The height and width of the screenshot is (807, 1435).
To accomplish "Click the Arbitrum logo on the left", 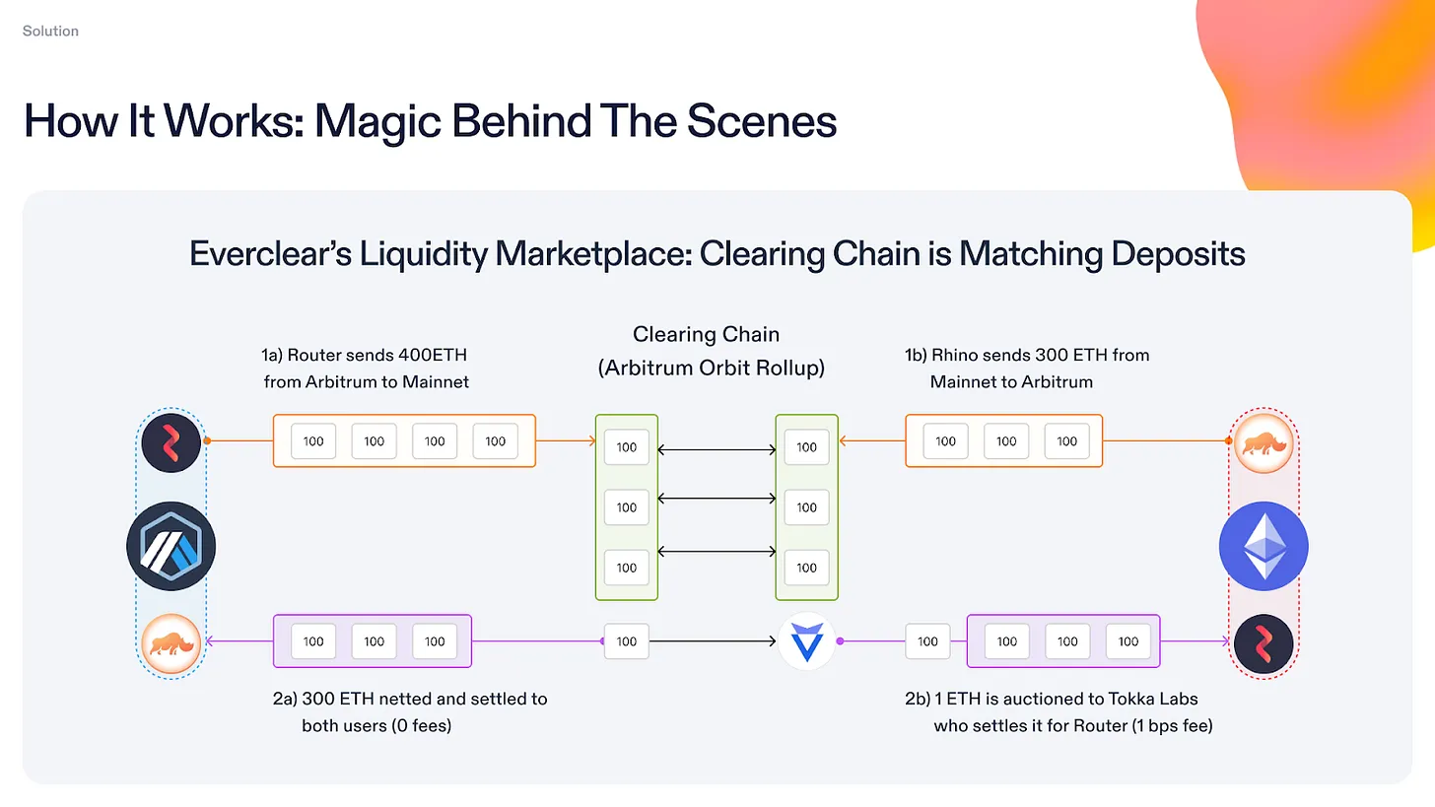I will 171,546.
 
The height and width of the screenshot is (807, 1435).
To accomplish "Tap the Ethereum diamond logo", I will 1264,546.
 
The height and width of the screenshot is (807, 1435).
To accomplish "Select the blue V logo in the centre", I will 806,641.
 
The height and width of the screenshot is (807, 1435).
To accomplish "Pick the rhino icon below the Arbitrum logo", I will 171,642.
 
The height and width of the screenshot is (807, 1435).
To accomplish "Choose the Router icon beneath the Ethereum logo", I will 1264,642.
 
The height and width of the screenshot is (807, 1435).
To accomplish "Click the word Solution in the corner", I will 50,31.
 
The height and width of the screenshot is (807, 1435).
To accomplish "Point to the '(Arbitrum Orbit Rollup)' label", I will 711,369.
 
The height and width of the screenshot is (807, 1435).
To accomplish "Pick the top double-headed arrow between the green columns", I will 717,449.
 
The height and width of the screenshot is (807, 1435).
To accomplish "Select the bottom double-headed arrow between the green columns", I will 717,551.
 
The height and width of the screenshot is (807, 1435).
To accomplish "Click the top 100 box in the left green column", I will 627,447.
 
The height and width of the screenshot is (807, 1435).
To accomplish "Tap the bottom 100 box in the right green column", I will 806,568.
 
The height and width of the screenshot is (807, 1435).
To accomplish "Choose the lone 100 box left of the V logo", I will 627,641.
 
